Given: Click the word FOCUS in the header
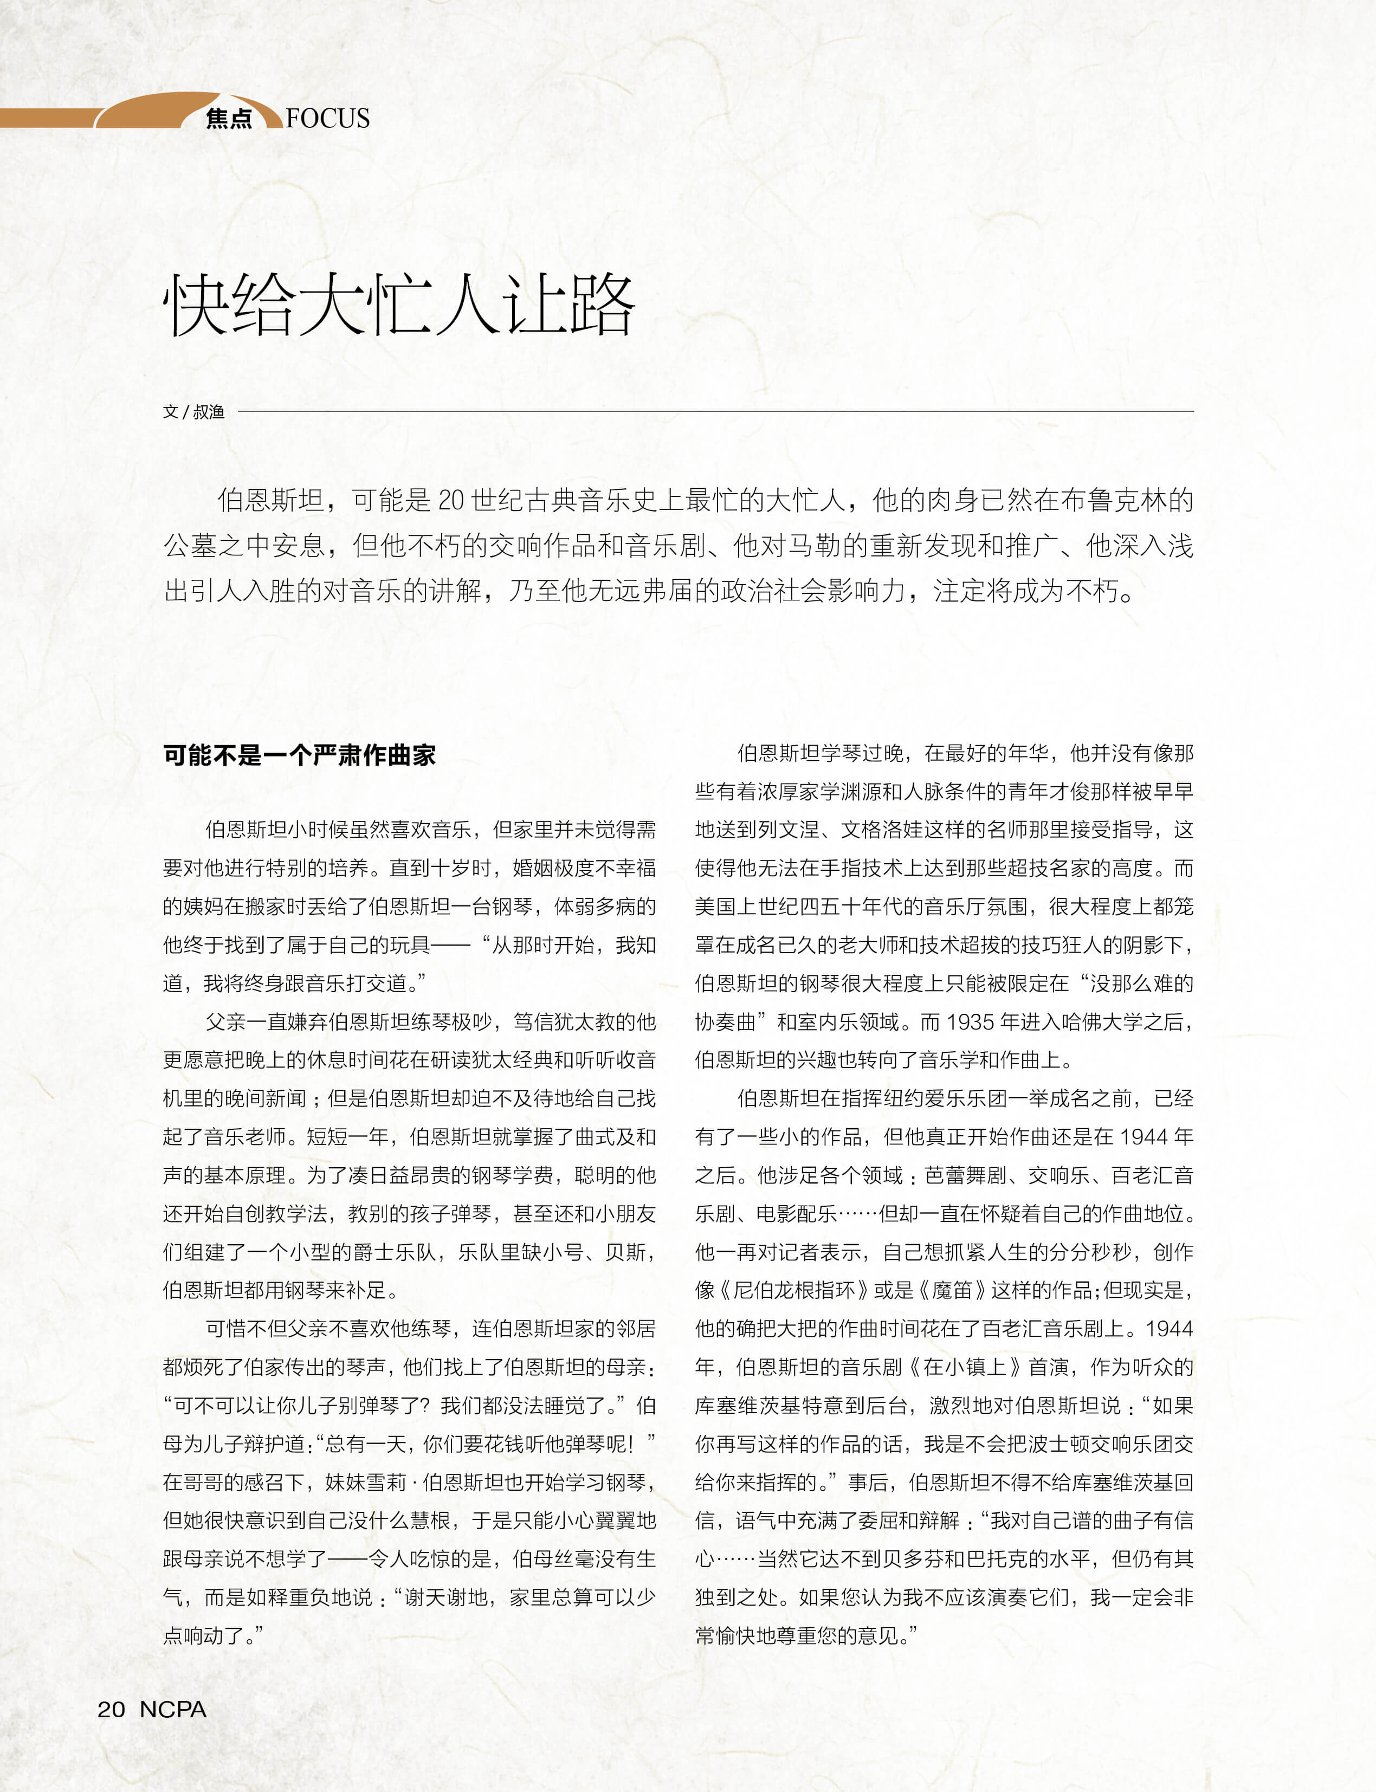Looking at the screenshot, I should pos(328,119).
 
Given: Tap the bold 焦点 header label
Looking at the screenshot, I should pos(229,119).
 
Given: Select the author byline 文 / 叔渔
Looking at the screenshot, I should pos(193,412).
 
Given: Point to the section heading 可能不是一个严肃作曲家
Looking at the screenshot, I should pos(299,754).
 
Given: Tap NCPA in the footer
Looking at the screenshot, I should pos(173,1709).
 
